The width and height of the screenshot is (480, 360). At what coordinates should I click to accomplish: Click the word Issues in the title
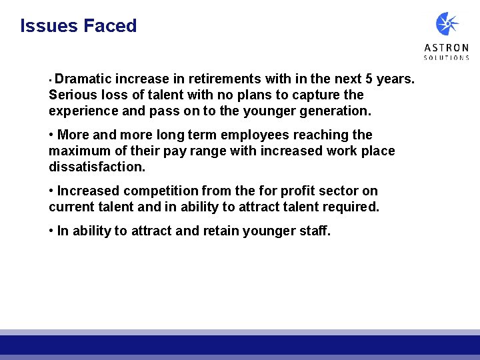point(49,26)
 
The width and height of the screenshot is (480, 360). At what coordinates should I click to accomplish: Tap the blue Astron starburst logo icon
point(447,24)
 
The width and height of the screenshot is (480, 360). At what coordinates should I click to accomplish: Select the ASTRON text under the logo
point(447,48)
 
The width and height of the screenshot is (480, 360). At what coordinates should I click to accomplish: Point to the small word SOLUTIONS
point(447,58)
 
